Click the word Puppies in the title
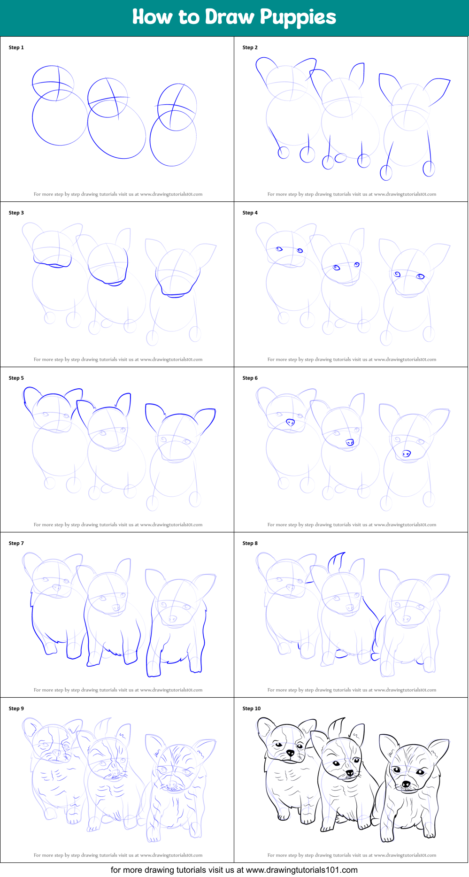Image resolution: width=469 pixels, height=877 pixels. [x=298, y=17]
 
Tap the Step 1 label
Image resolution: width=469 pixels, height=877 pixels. [x=16, y=47]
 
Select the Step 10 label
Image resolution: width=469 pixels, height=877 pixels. [x=251, y=708]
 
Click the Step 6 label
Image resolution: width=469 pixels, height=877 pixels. [x=250, y=378]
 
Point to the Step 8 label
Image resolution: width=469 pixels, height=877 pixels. [x=250, y=543]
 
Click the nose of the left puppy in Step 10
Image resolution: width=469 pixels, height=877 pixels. [x=291, y=753]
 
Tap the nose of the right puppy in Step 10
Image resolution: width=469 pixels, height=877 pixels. [x=406, y=784]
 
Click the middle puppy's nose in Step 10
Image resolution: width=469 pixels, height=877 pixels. [x=350, y=773]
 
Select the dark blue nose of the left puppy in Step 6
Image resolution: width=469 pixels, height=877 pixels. [x=290, y=422]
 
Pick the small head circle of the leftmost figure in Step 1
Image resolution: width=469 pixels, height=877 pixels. [x=53, y=83]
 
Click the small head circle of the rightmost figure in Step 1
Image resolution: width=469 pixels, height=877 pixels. [x=177, y=107]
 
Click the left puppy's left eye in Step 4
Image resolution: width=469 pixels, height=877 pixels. [x=279, y=249]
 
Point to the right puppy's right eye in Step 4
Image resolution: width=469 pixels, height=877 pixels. [x=421, y=277]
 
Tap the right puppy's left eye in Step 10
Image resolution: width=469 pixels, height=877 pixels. [x=397, y=769]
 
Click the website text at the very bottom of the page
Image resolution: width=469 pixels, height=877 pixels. [x=234, y=870]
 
